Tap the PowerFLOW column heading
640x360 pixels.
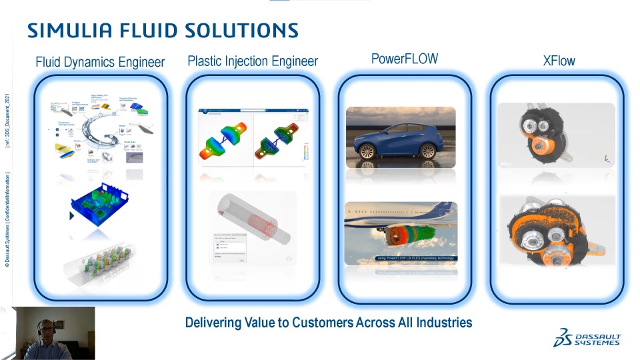(x=405, y=59)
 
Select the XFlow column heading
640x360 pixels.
(x=559, y=61)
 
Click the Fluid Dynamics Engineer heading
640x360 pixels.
(x=100, y=62)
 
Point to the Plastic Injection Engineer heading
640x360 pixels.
(x=253, y=61)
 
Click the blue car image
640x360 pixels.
(x=401, y=137)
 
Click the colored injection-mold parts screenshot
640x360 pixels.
(x=253, y=137)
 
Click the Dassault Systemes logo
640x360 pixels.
(x=587, y=338)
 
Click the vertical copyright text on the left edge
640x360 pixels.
(x=7, y=180)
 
